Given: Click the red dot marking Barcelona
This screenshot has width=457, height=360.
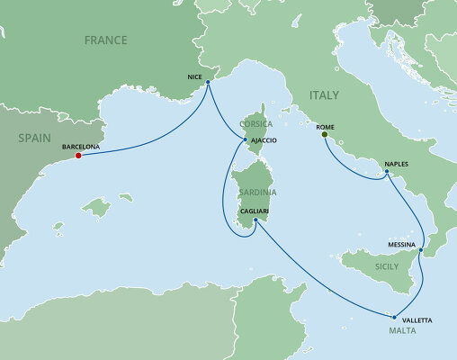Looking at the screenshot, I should click(x=78, y=155).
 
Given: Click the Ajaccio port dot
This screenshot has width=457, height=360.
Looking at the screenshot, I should click(x=244, y=139).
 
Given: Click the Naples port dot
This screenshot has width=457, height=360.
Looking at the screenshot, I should click(x=387, y=175).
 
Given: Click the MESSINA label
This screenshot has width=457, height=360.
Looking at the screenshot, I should click(x=401, y=242).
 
